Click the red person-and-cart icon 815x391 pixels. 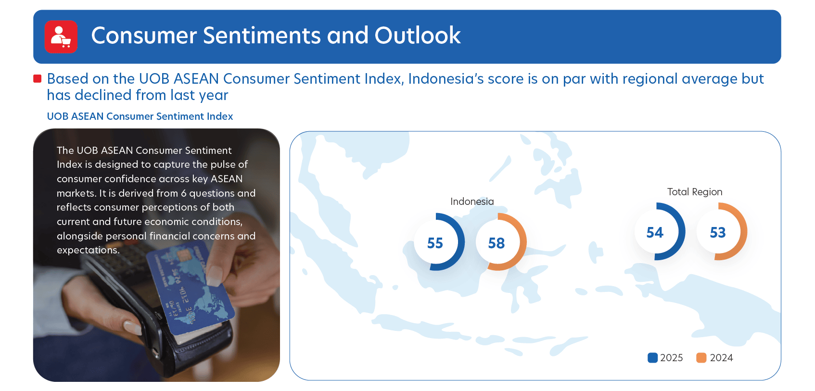61,37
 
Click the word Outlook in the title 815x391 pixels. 417,35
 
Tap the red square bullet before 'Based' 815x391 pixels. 37,78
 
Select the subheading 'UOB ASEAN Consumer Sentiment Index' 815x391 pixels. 140,116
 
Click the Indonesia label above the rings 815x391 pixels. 472,202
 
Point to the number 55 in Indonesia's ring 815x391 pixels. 435,243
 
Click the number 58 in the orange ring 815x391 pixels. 497,243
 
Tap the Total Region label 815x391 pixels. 695,192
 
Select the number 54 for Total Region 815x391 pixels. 655,232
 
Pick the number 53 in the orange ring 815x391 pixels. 717,232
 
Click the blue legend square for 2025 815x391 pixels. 652,357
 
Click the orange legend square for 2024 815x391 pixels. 701,357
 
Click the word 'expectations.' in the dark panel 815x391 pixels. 88,250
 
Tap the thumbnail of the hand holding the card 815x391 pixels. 156,255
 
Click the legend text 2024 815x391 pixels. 721,357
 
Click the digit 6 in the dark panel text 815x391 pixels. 184,193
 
